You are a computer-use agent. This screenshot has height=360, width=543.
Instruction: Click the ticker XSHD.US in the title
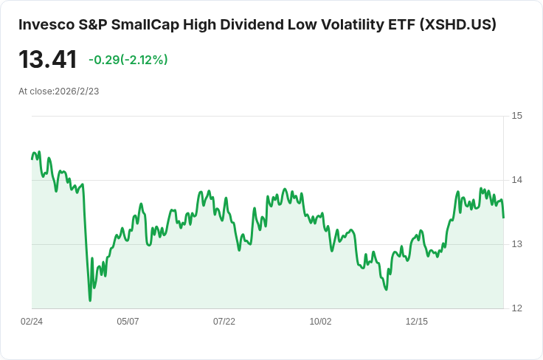(457, 24)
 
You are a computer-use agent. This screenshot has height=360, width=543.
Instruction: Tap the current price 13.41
(48, 59)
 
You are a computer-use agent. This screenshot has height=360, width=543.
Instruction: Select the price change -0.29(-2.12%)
(128, 60)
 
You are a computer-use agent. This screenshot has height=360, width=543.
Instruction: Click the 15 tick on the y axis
(516, 116)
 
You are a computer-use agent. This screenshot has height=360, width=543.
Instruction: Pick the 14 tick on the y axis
(516, 180)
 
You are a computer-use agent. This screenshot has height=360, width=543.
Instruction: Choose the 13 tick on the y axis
(516, 244)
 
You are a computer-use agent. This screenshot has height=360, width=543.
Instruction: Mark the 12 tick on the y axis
(516, 308)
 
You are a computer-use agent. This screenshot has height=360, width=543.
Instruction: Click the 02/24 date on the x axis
(32, 322)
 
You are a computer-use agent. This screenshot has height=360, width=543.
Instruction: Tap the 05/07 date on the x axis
(128, 322)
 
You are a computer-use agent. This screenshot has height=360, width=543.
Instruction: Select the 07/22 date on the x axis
(224, 322)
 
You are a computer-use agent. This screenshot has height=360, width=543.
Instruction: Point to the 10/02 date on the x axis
(320, 322)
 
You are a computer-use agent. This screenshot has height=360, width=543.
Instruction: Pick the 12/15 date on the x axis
(417, 322)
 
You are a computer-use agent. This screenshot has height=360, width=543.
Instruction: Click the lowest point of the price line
(90, 300)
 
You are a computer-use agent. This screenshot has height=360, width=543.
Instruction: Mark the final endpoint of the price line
(503, 218)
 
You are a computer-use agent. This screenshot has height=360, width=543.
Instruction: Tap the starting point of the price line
(32, 159)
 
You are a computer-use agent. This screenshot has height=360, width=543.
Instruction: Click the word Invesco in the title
(44, 24)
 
